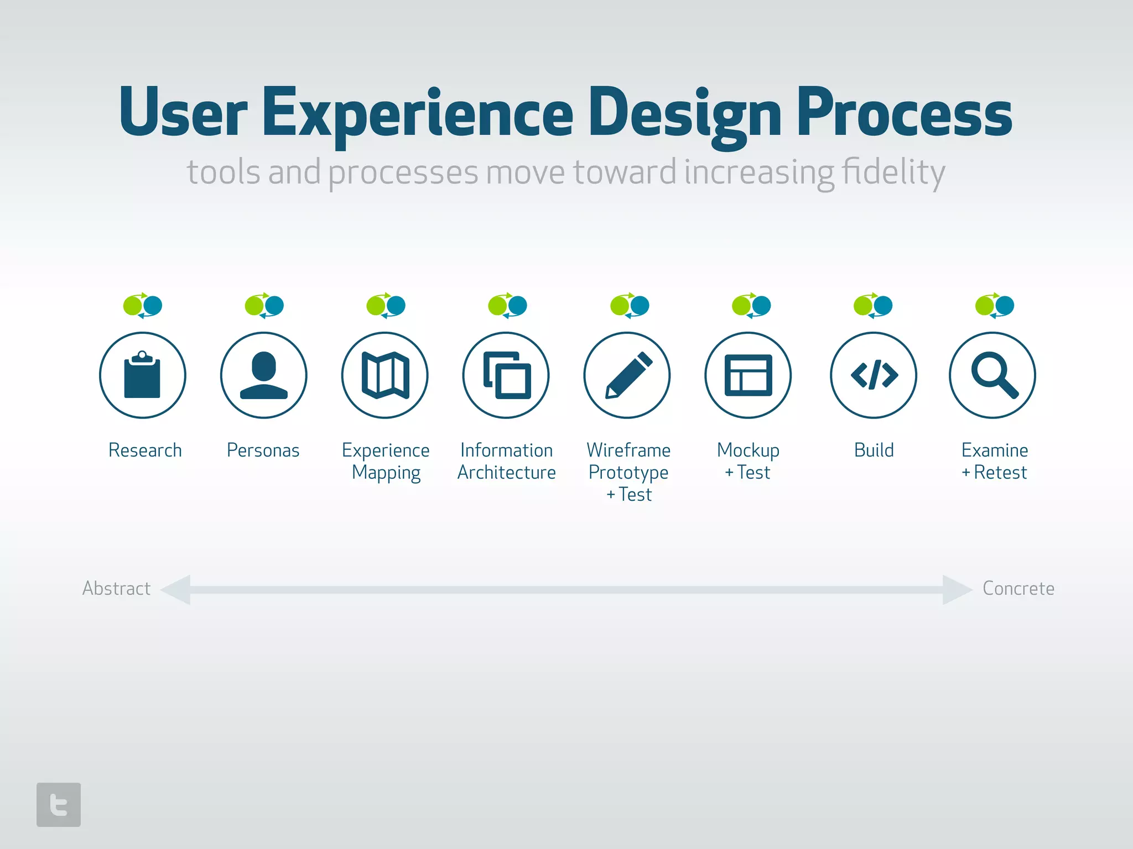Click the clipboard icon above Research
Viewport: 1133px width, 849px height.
(142, 375)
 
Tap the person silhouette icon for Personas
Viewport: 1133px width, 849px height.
(263, 375)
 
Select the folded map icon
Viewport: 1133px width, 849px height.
(385, 375)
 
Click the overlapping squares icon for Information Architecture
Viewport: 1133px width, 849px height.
(506, 375)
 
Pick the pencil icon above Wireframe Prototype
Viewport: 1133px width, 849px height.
(627, 375)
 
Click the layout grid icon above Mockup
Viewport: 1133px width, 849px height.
(748, 375)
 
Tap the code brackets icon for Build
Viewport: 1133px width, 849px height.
(874, 375)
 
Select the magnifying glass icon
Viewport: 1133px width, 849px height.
(993, 375)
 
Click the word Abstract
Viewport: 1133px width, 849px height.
(116, 588)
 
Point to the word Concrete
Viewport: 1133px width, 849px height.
(1018, 588)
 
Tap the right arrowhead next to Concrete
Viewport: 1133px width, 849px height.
(956, 589)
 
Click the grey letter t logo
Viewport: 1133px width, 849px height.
(59, 804)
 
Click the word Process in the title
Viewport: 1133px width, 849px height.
(904, 113)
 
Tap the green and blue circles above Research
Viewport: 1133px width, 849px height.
(143, 305)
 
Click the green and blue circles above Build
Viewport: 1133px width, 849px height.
(873, 305)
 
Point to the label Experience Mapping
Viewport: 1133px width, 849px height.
(386, 461)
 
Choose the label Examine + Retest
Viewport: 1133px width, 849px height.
(995, 461)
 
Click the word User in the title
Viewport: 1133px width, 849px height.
(183, 113)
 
